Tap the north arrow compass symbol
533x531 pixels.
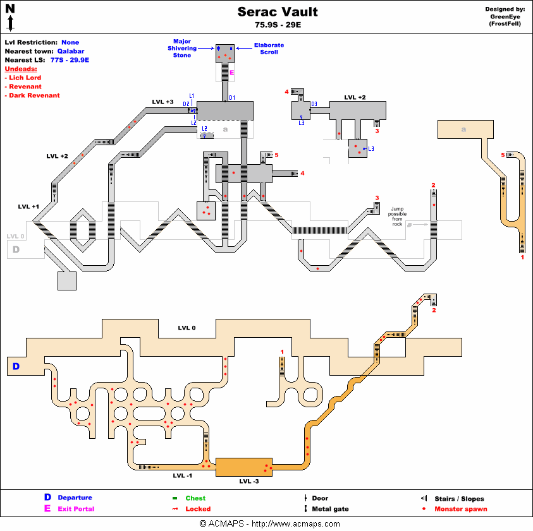pyautogui.click(x=10, y=17)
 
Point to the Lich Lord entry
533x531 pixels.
pyautogui.click(x=25, y=78)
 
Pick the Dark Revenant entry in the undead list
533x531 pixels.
pyautogui.click(x=34, y=95)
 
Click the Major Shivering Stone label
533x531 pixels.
pyautogui.click(x=182, y=48)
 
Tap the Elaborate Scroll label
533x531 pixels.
pyautogui.click(x=269, y=49)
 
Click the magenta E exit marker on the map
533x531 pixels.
pyautogui.click(x=232, y=73)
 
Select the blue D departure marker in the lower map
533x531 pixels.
pyautogui.click(x=16, y=366)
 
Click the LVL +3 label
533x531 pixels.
pyautogui.click(x=162, y=102)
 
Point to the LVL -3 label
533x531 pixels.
pyautogui.click(x=248, y=481)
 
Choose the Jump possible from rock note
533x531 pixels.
pyautogui.click(x=397, y=217)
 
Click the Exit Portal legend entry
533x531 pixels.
pyautogui.click(x=76, y=509)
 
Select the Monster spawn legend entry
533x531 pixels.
pyautogui.click(x=460, y=509)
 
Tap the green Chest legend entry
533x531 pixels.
pyautogui.click(x=195, y=498)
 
